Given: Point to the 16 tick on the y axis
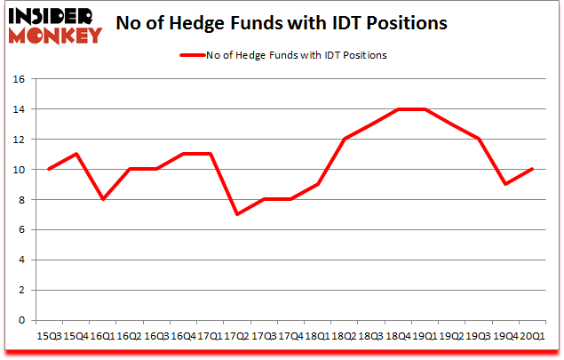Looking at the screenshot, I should pyautogui.click(x=19, y=78).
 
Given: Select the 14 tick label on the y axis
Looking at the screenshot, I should pyautogui.click(x=19, y=108).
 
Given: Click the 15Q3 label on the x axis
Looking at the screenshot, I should pyautogui.click(x=49, y=336).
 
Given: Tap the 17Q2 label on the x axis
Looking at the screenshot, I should pyautogui.click(x=235, y=336).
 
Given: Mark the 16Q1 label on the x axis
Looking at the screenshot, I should pyautogui.click(x=102, y=336).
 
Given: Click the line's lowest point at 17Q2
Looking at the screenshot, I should pyautogui.click(x=236, y=214).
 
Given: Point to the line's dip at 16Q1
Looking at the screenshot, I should pyautogui.click(x=103, y=199).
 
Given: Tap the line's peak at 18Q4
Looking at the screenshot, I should pyautogui.click(x=396, y=108).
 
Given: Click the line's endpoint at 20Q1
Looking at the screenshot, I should pyautogui.click(x=530, y=169).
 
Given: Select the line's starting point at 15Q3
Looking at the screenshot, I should pyautogui.click(x=50, y=169).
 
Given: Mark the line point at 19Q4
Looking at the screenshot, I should pyautogui.click(x=504, y=184).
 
